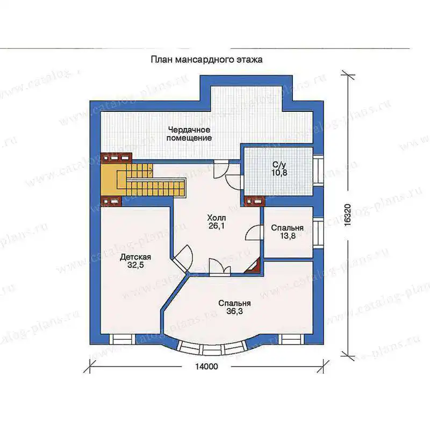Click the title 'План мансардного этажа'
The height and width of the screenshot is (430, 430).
coord(206,60)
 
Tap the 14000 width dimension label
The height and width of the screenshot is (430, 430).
coord(206,367)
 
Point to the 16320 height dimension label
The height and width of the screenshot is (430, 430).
coord(347,214)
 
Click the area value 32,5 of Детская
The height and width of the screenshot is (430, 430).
coord(135,265)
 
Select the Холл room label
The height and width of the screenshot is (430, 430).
coord(217,218)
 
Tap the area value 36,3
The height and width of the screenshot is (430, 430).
coord(234,311)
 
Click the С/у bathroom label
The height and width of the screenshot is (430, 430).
coord(279,165)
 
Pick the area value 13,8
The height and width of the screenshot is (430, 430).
coord(288,235)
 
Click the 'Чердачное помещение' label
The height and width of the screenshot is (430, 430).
coord(189,133)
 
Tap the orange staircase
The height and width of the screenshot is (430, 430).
coord(142,180)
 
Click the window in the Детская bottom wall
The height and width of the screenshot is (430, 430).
coord(122,339)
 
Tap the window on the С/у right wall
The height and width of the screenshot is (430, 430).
coord(318,169)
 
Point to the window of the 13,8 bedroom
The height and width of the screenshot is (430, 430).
coord(318,232)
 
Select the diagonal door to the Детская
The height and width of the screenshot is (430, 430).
coord(183,258)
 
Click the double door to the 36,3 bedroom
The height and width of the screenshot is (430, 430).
coord(220,266)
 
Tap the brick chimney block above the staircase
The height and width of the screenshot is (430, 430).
coord(116,158)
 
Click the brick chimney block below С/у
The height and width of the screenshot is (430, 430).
coord(254,201)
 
